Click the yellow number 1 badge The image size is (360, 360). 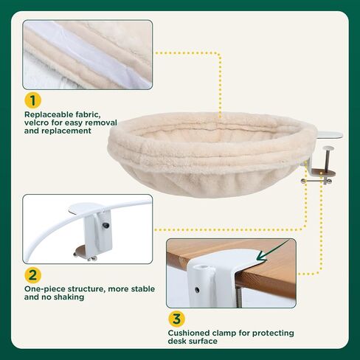(x=32, y=100)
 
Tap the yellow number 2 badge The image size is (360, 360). (x=32, y=275)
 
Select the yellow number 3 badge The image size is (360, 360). (x=176, y=319)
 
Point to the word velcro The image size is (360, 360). (x=35, y=122)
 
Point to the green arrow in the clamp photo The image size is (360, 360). (x=271, y=251)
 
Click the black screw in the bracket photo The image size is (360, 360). (x=106, y=224)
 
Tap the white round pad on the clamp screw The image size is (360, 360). (x=328, y=148)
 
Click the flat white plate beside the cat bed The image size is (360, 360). (x=329, y=135)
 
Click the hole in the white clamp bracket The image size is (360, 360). (x=197, y=290)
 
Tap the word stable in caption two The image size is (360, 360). (x=143, y=288)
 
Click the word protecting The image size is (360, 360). (x=273, y=333)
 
